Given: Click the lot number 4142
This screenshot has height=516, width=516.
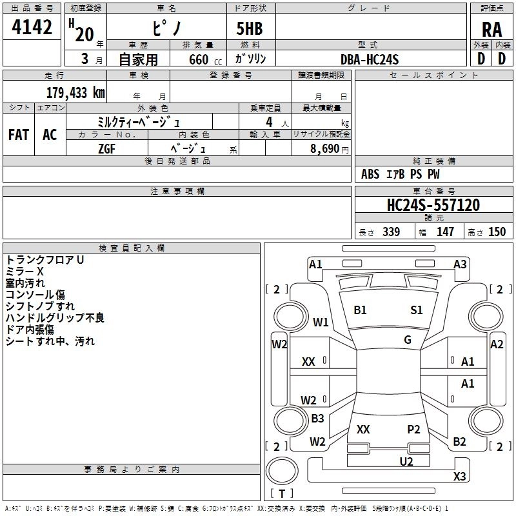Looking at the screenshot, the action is (32, 27).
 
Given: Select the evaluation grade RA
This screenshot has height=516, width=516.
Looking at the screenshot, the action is (491, 30).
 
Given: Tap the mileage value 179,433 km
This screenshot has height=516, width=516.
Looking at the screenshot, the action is (75, 93).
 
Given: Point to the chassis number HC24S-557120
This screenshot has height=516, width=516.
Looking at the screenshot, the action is (433, 205).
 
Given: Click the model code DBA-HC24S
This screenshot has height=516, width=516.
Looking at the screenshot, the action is (370, 59).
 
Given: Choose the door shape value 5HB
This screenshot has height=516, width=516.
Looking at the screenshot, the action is (250, 28).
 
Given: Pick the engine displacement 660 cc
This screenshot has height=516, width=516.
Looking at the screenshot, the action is (205, 59).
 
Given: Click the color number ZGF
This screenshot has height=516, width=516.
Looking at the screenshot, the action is (106, 149).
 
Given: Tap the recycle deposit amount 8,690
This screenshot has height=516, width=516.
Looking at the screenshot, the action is (324, 149).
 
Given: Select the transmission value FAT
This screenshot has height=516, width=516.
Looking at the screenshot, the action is (19, 135).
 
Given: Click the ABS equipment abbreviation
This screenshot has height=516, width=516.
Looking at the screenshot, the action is (370, 174).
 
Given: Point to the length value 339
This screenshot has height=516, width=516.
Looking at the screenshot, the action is (391, 232).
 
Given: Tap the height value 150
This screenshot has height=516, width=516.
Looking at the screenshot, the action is (497, 232).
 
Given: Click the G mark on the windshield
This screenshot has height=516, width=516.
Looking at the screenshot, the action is (408, 340).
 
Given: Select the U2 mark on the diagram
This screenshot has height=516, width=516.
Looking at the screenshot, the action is (406, 461).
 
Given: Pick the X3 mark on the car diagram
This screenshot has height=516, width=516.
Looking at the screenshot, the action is (459, 476).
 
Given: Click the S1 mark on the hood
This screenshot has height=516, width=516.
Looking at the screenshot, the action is (416, 310).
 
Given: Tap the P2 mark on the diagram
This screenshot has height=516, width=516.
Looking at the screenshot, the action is (413, 429).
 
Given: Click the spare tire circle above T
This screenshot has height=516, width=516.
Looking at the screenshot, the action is (282, 471).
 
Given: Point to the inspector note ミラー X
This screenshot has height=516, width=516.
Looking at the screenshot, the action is (25, 272).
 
